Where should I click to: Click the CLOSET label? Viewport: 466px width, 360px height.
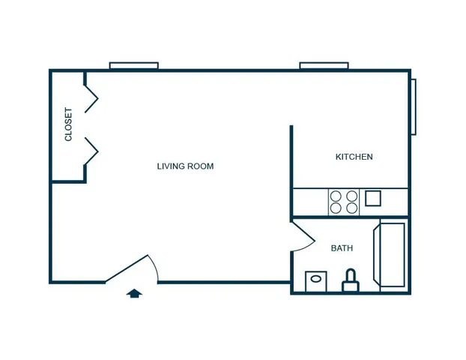click(68, 124)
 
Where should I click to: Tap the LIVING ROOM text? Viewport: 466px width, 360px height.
click(186, 166)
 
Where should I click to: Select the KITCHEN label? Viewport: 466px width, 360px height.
click(354, 157)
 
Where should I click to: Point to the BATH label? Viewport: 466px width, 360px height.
click(342, 248)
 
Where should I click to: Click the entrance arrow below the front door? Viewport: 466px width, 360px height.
click(134, 293)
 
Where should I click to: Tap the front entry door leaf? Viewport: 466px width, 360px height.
click(127, 268)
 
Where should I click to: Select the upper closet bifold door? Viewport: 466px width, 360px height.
click(91, 99)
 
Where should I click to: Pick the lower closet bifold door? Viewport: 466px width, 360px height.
click(91, 151)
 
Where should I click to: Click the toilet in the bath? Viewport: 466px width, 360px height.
click(351, 280)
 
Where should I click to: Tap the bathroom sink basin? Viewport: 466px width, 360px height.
click(316, 279)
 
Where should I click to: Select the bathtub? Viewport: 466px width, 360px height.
click(389, 255)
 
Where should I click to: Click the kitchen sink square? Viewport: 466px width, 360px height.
click(373, 199)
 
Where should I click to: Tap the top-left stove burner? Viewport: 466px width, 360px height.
click(336, 196)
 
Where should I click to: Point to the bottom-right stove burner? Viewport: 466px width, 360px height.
click(352, 208)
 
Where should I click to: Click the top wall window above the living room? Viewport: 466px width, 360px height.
click(134, 65)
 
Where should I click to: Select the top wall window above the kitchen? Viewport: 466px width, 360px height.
click(324, 65)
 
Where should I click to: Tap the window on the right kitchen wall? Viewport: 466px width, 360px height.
click(414, 106)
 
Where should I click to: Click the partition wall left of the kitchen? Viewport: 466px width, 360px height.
click(291, 172)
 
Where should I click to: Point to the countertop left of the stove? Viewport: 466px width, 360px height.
click(311, 202)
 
